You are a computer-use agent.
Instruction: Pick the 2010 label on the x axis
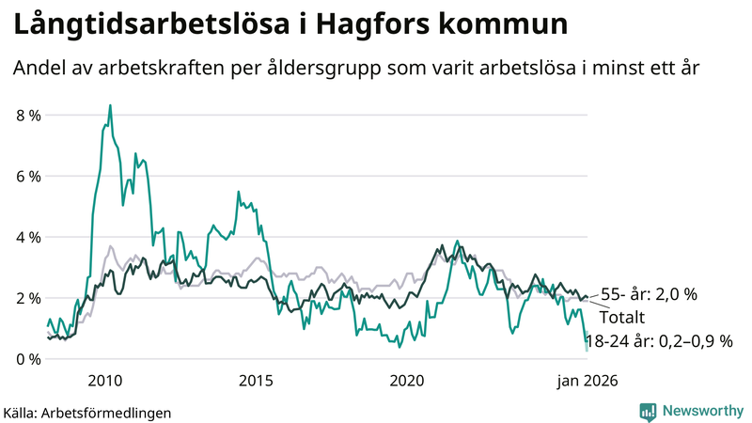(104, 381)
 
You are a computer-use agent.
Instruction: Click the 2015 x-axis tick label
(256, 381)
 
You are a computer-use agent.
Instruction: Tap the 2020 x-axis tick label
(407, 381)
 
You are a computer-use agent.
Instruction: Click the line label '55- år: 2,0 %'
(649, 294)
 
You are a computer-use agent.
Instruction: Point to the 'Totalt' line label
(621, 317)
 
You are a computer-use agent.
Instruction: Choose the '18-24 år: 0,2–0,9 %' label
(658, 340)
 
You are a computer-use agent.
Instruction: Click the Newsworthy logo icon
(648, 411)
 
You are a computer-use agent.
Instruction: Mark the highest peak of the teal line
(110, 105)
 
